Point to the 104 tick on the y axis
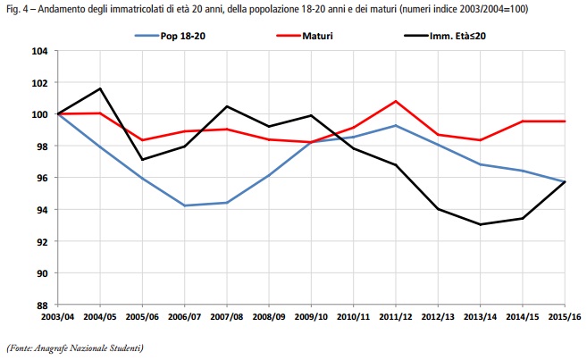point(40,51)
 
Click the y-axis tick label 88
point(42,305)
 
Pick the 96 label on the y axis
point(42,178)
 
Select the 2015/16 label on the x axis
point(565,315)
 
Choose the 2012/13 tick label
point(438,315)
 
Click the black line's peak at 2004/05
point(100,88)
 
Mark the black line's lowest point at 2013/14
point(480,224)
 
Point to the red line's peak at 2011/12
point(395,101)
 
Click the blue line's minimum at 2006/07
point(184,205)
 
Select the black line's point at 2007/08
point(227,106)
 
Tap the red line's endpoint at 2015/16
point(565,121)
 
